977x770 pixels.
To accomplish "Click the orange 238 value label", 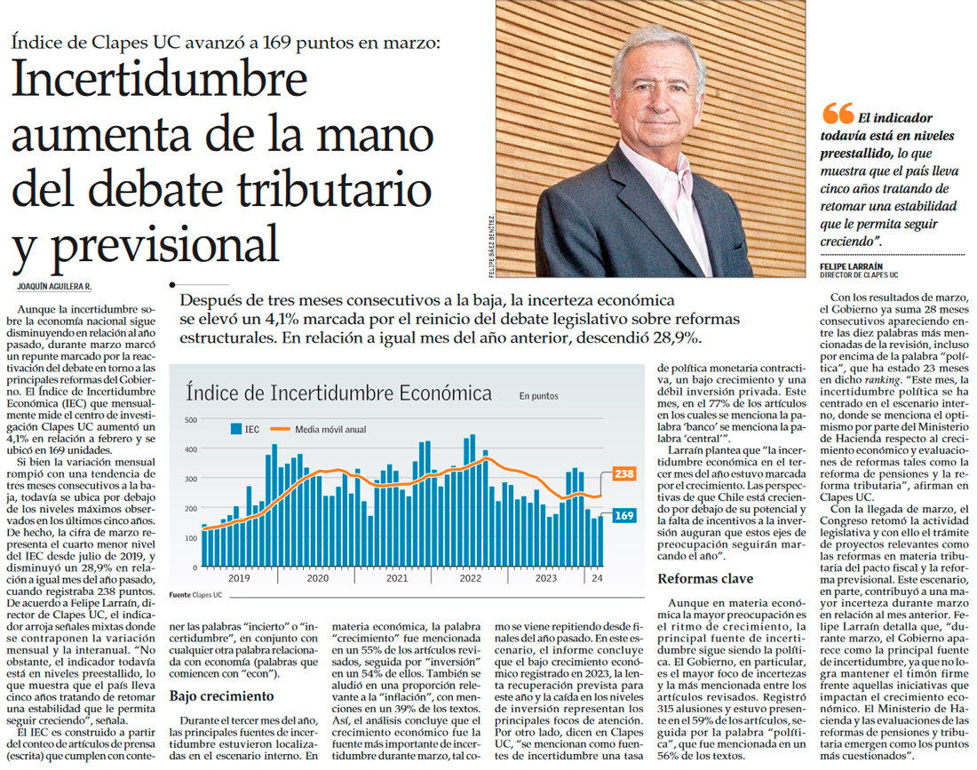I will click(x=624, y=473).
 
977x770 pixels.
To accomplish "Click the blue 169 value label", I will click(x=624, y=515).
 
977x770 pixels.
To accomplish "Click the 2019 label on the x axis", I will click(x=239, y=577).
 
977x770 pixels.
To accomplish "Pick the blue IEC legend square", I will click(x=236, y=429).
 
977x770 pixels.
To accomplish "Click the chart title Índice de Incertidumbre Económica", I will click(x=338, y=393).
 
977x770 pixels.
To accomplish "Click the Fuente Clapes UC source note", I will click(x=197, y=593).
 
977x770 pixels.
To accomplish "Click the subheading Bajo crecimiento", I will click(x=222, y=695).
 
